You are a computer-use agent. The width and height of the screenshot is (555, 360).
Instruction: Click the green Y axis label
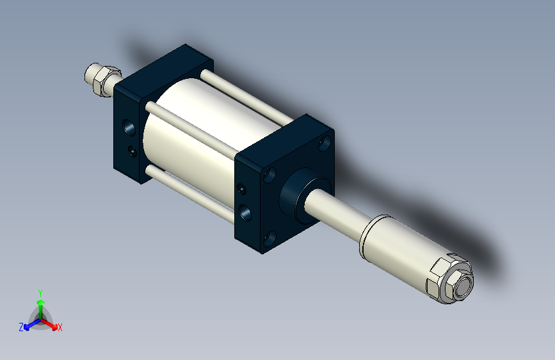click(x=40, y=292)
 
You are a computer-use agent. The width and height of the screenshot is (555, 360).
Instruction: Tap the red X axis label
click(x=60, y=327)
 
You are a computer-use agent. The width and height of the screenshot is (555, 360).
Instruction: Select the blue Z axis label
click(x=21, y=327)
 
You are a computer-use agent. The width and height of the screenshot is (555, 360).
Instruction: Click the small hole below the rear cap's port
click(x=132, y=151)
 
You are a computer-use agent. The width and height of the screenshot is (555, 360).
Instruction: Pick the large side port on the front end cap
click(x=245, y=211)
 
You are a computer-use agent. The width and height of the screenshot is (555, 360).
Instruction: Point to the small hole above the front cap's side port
click(x=241, y=189)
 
